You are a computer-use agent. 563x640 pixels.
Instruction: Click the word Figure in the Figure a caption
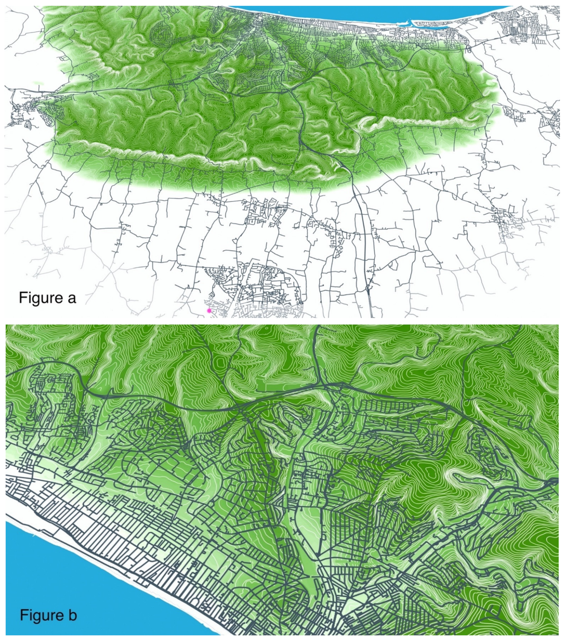tap(40, 298)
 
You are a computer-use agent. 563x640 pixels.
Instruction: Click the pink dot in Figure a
tap(209, 311)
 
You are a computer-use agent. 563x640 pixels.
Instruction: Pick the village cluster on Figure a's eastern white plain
tap(505, 219)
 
